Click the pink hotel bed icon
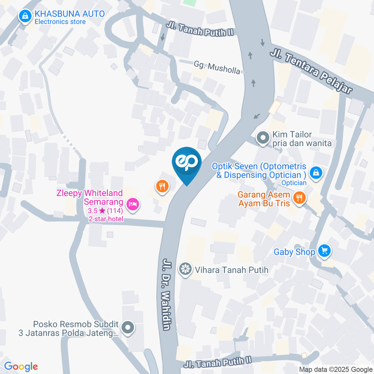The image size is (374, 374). point(133,203)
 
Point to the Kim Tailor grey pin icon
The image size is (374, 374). point(263,138)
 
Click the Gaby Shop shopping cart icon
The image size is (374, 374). point(324,252)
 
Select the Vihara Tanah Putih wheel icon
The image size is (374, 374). point(185,269)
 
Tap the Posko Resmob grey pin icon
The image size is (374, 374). point(127,328)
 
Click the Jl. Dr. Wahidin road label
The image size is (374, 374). point(167,294)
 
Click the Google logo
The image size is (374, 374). point(21,367)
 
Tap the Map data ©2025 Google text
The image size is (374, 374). point(336,369)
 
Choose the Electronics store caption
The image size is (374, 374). point(60,22)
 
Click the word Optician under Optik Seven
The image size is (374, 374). point(295,182)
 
